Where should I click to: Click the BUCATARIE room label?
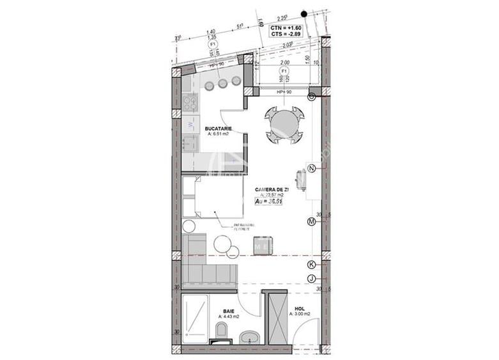[x=218, y=129]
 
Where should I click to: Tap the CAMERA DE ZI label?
[x=272, y=189]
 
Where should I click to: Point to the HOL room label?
[x=299, y=308]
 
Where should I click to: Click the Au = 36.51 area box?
[x=269, y=201]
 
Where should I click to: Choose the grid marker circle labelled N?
[x=312, y=168]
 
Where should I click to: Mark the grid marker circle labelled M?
[x=312, y=222]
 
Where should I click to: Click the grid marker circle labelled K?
[x=312, y=264]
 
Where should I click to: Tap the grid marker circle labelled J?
[x=312, y=278]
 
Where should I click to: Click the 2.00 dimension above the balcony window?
[x=285, y=63]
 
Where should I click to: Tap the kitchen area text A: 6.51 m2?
[x=218, y=135]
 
